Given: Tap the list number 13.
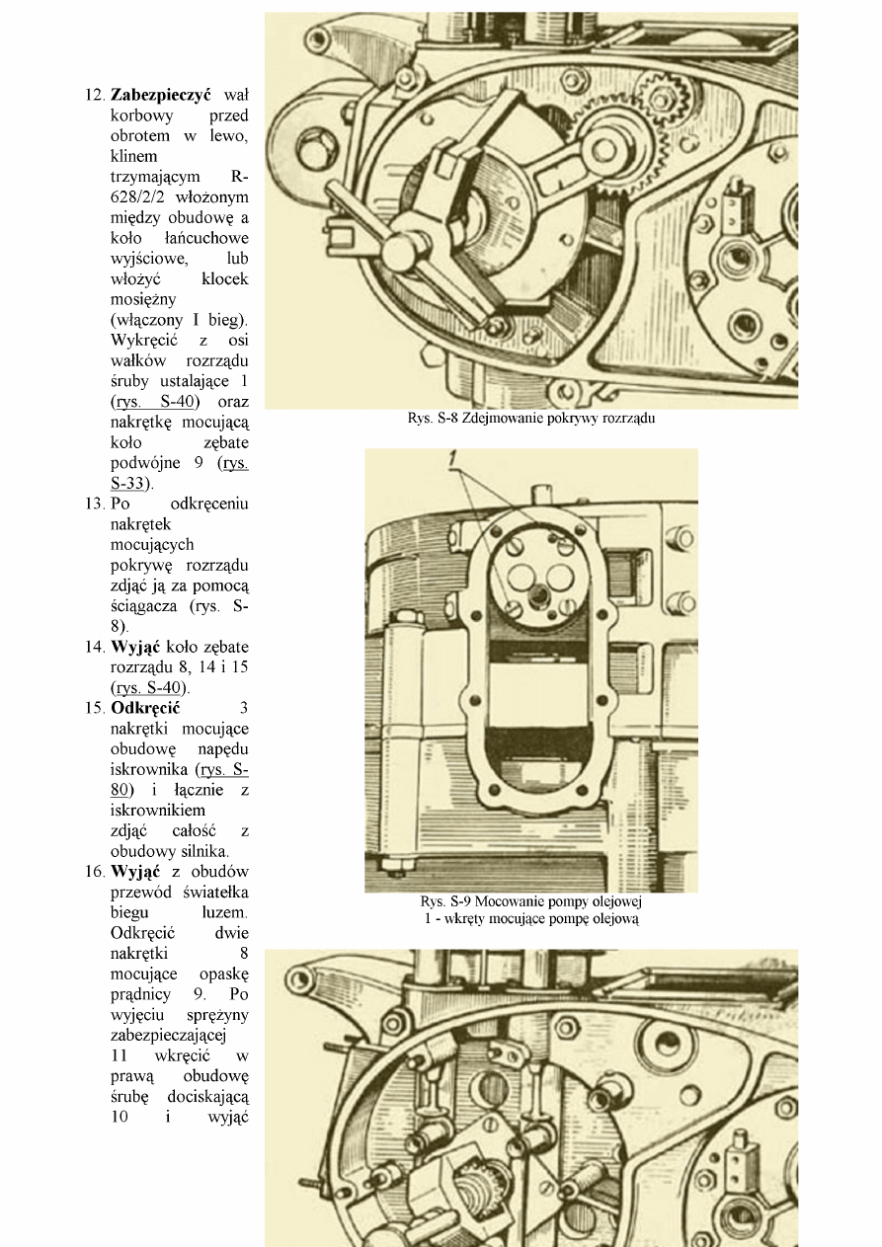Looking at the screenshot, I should pos(95,504).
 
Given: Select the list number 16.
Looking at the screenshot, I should pos(95,872).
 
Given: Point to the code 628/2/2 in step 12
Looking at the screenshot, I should pos(140,197).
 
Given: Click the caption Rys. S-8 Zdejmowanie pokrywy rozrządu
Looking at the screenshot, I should pos(531,419).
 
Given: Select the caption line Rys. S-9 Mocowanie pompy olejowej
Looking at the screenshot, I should pos(531,901).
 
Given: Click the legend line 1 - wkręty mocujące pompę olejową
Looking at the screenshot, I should pos(531,918).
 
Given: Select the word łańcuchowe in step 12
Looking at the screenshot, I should pos(210,238).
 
